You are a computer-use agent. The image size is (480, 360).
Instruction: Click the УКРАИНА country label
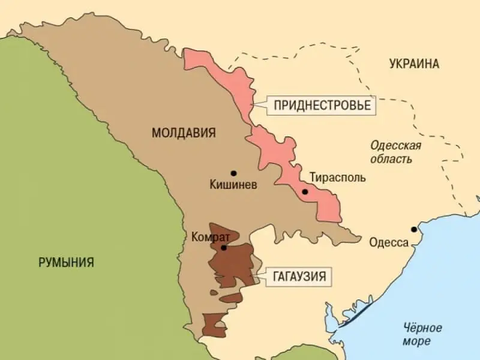tap(413, 64)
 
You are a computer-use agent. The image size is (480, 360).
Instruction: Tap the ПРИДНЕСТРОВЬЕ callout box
tap(322, 106)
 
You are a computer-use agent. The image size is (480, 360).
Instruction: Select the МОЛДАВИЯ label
tap(183, 133)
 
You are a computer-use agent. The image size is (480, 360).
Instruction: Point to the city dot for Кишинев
tap(233, 173)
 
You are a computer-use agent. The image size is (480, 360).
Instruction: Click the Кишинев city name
tap(233, 185)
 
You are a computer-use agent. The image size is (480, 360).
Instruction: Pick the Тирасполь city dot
tap(305, 192)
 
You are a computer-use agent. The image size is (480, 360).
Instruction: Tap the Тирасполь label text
tap(337, 178)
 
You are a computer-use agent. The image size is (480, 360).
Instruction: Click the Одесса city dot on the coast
tap(413, 230)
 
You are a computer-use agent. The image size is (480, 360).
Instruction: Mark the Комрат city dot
tap(223, 247)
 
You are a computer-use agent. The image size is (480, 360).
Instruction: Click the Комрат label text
tap(211, 236)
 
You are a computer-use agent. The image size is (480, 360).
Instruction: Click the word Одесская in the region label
tap(395, 146)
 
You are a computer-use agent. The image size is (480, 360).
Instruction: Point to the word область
tap(391, 159)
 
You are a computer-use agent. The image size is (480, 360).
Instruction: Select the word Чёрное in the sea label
tap(422, 328)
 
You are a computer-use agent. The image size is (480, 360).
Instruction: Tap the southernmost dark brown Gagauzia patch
tap(214, 324)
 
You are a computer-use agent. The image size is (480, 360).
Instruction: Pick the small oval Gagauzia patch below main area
tap(231, 298)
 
